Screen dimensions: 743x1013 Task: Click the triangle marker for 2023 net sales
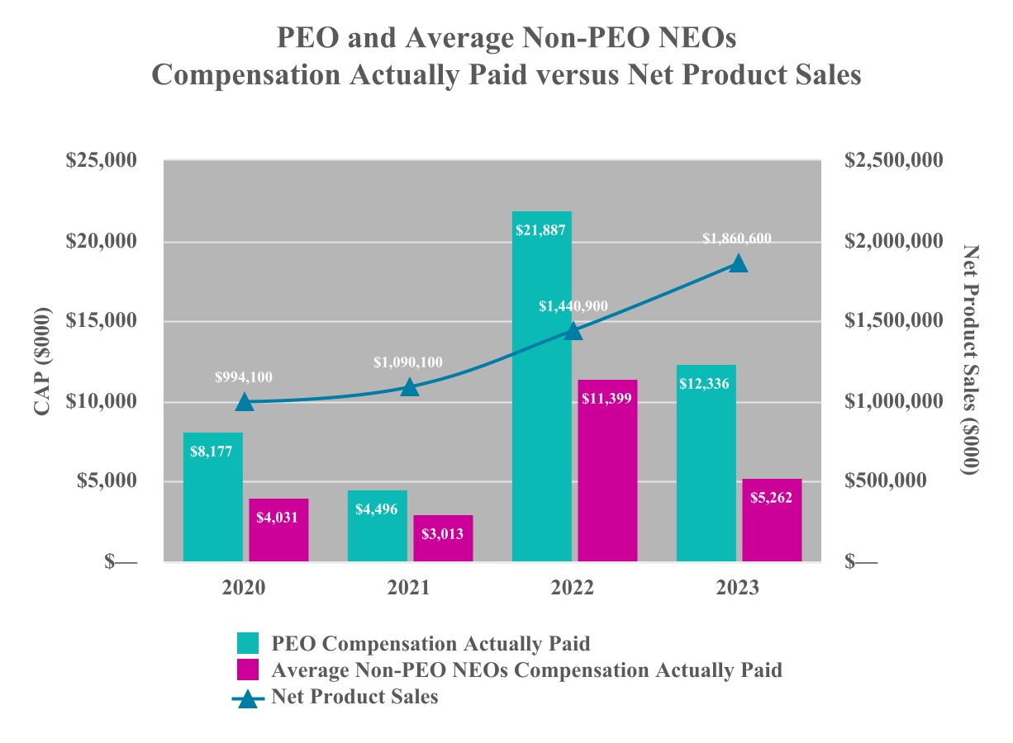pos(738,263)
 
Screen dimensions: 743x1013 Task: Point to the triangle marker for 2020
pos(244,402)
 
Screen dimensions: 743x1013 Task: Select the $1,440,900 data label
pos(573,306)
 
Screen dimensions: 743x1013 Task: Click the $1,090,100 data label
pos(408,362)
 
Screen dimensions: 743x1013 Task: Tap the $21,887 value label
pos(541,230)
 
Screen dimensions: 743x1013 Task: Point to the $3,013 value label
pos(443,533)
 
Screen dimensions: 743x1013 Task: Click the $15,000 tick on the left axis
pos(101,321)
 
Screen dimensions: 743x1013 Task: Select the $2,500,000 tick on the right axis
pos(893,160)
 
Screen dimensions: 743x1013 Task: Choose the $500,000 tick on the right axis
pos(887,481)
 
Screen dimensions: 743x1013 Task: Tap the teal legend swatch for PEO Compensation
pos(247,644)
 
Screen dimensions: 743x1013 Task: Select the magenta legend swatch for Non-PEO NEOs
pos(247,670)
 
